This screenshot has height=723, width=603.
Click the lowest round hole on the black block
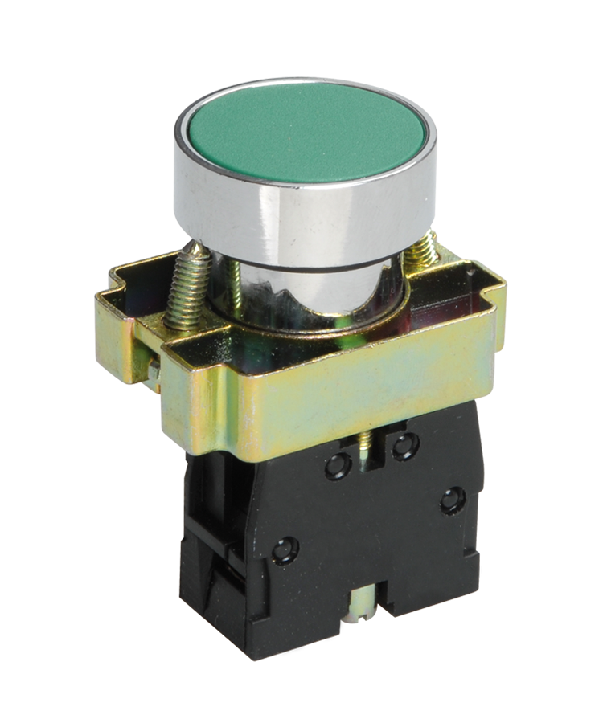pyautogui.click(x=283, y=550)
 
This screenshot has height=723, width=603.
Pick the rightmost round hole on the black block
pyautogui.click(x=453, y=500)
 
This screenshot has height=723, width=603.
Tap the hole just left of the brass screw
pyautogui.click(x=338, y=465)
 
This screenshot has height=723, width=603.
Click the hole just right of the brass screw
pyautogui.click(x=404, y=444)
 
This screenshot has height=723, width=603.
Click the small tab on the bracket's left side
pyautogui.click(x=153, y=371)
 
